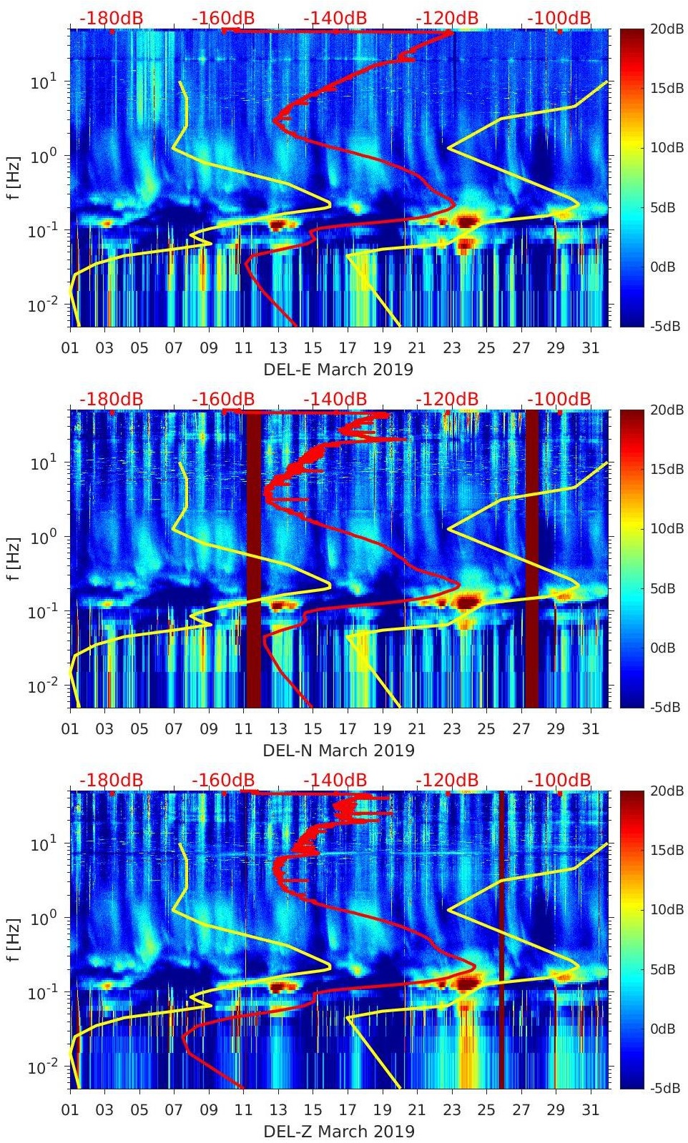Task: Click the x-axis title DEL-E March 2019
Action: click(x=338, y=370)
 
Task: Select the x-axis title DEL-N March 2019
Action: click(x=338, y=751)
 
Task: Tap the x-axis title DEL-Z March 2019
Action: click(x=338, y=1132)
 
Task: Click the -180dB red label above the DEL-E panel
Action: click(x=111, y=18)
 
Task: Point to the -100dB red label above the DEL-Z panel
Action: click(x=559, y=780)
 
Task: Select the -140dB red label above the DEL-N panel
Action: click(x=335, y=399)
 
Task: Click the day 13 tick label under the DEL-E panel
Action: click(x=278, y=348)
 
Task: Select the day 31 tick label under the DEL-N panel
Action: click(x=590, y=729)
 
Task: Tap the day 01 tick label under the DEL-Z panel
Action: click(x=70, y=1110)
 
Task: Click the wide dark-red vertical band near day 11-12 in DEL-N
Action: click(x=254, y=558)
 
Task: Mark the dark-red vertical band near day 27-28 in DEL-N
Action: click(x=532, y=558)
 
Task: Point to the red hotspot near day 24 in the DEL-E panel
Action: click(x=467, y=221)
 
